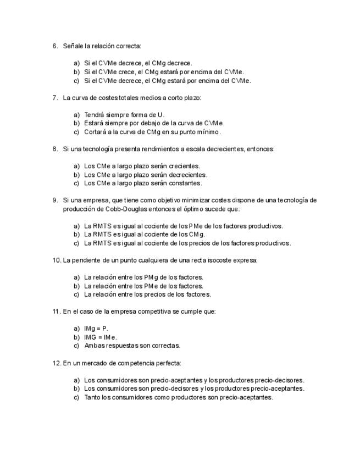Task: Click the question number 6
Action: (x=55, y=46)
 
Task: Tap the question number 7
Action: (x=55, y=98)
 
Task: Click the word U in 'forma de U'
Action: (x=160, y=114)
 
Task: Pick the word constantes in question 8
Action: (x=187, y=183)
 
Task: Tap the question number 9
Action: (x=55, y=200)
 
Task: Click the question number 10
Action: (x=57, y=260)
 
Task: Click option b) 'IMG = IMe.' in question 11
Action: (x=100, y=337)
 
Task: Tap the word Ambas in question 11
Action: (x=93, y=346)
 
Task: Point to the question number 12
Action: (x=57, y=363)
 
